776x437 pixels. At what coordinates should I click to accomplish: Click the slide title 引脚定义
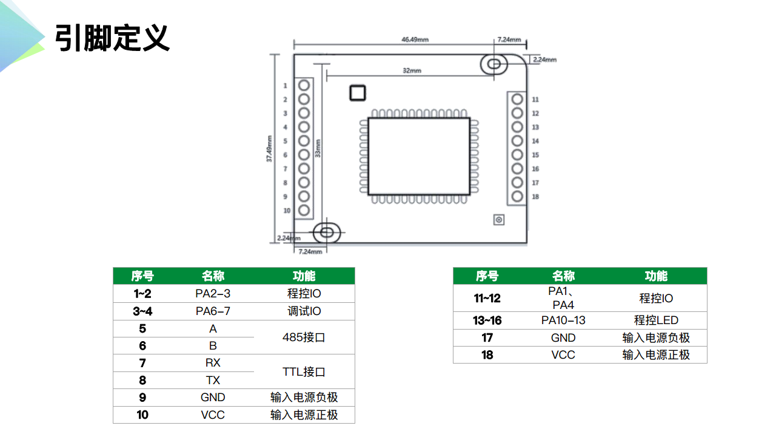(x=112, y=38)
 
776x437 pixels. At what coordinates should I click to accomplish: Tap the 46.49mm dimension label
(x=415, y=39)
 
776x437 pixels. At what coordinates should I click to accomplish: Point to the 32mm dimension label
(x=412, y=70)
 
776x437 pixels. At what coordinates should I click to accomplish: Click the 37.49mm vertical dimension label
(x=269, y=149)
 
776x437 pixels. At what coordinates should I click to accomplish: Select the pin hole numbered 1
(x=304, y=86)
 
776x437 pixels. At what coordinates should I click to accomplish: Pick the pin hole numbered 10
(x=304, y=211)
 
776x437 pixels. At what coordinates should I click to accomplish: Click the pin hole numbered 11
(x=517, y=99)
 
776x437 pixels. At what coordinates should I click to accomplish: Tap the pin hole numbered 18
(x=517, y=196)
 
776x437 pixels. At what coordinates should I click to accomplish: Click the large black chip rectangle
(x=418, y=156)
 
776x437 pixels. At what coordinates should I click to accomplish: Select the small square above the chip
(x=358, y=92)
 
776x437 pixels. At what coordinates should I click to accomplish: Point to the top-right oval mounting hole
(x=494, y=64)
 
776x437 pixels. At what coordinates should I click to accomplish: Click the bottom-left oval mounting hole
(x=327, y=231)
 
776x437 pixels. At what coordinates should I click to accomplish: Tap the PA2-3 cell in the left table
(x=213, y=294)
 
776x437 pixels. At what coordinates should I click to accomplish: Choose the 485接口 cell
(x=304, y=337)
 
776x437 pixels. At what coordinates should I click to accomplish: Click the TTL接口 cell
(x=304, y=371)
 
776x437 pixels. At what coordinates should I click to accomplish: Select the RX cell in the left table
(x=213, y=363)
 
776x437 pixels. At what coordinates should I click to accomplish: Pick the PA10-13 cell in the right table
(x=563, y=320)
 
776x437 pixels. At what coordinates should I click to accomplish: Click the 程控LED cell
(x=656, y=320)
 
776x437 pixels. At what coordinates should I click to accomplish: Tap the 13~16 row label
(x=487, y=320)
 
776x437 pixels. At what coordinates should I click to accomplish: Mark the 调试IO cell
(x=304, y=311)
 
